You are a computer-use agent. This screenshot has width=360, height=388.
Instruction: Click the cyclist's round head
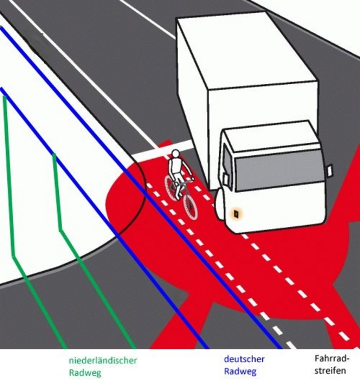(175, 153)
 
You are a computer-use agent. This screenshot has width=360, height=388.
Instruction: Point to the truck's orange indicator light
(236, 213)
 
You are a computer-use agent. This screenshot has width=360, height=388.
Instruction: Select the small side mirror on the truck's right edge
(330, 171)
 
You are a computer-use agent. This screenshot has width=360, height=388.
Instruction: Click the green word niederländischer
(103, 360)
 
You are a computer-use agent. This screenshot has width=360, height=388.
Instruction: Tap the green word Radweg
(85, 372)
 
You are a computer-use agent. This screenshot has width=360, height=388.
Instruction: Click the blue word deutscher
(244, 359)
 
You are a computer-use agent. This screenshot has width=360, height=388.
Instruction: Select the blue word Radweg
(240, 371)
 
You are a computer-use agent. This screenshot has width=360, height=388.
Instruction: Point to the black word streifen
(330, 371)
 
